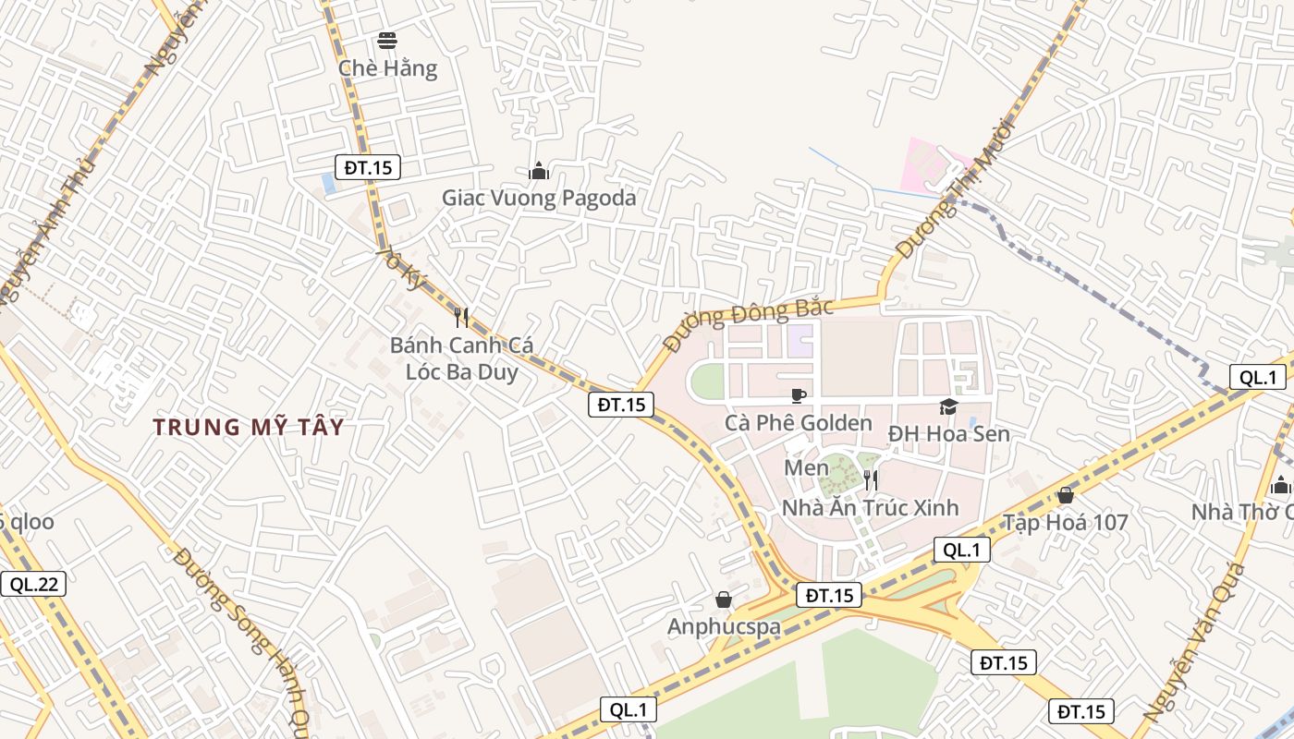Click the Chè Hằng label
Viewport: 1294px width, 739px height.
387,68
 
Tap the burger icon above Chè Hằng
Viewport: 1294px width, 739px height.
387,41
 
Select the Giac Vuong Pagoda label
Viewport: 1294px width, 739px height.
539,198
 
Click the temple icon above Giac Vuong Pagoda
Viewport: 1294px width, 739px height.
539,171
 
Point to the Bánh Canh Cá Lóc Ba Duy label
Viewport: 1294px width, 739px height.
461,358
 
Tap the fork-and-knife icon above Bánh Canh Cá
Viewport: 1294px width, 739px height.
461,318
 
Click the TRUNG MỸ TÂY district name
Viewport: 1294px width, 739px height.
249,427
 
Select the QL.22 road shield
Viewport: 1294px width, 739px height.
33,584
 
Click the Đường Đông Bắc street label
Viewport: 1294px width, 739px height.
749,325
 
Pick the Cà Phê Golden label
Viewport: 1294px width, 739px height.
799,423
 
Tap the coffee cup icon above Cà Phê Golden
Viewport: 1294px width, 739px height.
799,395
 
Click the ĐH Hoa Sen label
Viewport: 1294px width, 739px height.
948,433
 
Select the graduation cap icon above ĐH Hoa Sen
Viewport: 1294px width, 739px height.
948,406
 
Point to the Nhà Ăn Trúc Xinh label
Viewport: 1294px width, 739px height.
870,507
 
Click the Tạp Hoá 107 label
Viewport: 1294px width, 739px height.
1066,523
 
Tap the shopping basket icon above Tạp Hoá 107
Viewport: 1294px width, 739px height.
1066,496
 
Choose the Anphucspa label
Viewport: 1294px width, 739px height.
724,626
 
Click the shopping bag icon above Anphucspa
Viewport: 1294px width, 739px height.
724,600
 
